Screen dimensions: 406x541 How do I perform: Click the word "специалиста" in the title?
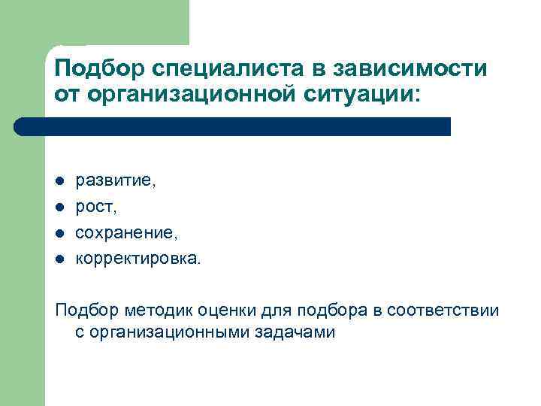[x=223, y=70]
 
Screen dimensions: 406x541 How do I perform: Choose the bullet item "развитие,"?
[x=116, y=182]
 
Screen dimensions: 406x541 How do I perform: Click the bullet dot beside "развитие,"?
[x=60, y=182]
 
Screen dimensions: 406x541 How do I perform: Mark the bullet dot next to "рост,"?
[x=60, y=208]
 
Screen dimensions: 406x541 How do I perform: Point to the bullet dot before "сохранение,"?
[x=60, y=234]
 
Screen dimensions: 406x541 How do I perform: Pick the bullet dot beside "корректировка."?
[x=60, y=260]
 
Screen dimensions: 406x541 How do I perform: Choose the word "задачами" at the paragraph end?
[x=298, y=332]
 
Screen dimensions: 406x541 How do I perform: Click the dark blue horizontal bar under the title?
[x=233, y=126]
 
